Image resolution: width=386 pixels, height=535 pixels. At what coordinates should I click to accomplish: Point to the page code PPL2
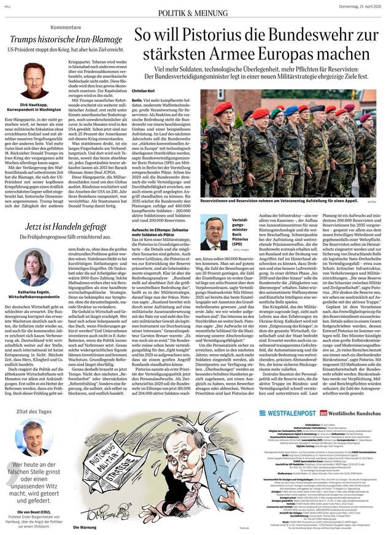(x=9, y=6)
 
